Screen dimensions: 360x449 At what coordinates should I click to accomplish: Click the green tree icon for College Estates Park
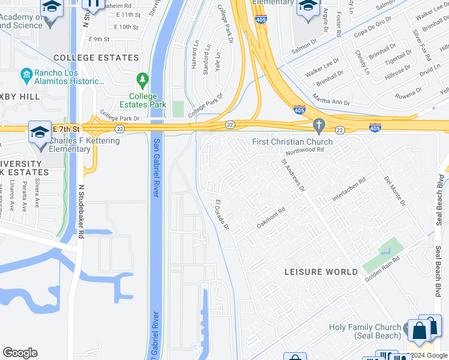pyautogui.click(x=142, y=79)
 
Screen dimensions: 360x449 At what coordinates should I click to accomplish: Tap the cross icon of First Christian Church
pyautogui.click(x=319, y=125)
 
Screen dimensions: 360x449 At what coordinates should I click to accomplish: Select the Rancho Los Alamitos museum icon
pyautogui.click(x=26, y=74)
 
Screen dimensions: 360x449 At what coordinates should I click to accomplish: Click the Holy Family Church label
pyautogui.click(x=365, y=331)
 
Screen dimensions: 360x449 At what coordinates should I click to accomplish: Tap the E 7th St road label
pyautogui.click(x=66, y=129)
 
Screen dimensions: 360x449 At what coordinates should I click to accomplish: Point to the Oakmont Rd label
pyautogui.click(x=270, y=217)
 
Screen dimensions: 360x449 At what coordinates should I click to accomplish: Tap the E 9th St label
pyautogui.click(x=99, y=39)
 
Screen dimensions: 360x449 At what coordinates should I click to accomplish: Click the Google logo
pyautogui.click(x=20, y=353)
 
